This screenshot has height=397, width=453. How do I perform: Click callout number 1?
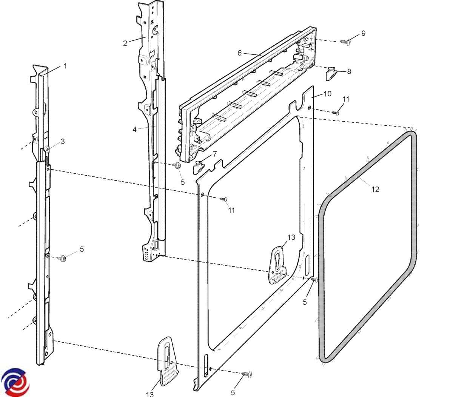click(x=65, y=66)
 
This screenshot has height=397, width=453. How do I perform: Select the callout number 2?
click(x=125, y=43)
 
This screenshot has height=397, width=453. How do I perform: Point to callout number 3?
click(x=63, y=142)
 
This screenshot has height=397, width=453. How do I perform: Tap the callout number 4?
click(x=134, y=130)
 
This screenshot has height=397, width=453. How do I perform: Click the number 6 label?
click(x=239, y=53)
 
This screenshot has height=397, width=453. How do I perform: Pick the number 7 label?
click(x=214, y=154)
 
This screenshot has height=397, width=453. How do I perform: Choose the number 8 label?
click(x=349, y=71)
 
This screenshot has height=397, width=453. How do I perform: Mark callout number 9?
click(x=363, y=33)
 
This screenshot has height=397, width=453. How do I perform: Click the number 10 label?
click(x=327, y=93)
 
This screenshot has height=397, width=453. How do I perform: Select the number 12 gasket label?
click(x=375, y=189)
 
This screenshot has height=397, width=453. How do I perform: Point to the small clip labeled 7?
click(x=199, y=167)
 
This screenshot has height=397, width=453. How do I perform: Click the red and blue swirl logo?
click(x=15, y=382)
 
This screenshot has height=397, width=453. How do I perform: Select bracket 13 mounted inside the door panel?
click(x=278, y=264)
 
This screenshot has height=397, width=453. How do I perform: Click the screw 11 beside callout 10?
click(x=336, y=112)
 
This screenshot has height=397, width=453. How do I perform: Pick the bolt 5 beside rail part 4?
click(x=177, y=165)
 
